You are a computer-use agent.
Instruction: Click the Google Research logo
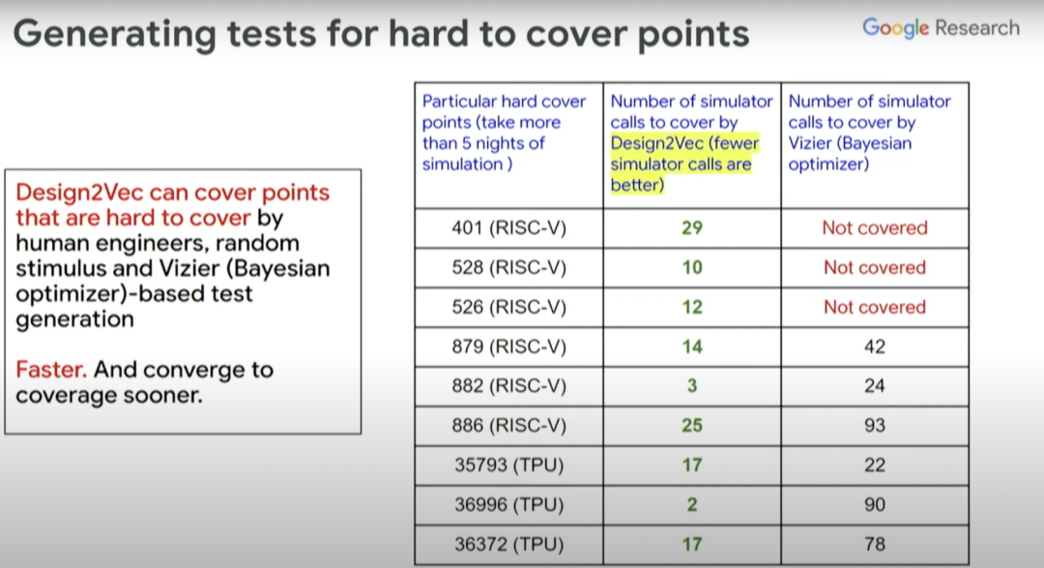click(x=941, y=28)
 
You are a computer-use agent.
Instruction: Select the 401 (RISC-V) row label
click(x=508, y=228)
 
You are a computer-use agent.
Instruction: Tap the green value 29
click(x=692, y=228)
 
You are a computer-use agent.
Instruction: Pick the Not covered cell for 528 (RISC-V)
click(x=874, y=267)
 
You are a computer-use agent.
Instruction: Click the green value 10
click(x=692, y=267)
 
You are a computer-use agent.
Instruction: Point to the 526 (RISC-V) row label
click(x=508, y=307)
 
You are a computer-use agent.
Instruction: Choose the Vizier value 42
click(x=874, y=346)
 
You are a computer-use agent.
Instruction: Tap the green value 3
click(x=692, y=386)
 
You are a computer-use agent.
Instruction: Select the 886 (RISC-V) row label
click(x=508, y=426)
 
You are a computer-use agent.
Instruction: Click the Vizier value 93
click(x=874, y=426)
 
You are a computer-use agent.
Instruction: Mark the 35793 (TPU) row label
click(x=508, y=464)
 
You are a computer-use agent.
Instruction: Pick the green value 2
click(x=692, y=505)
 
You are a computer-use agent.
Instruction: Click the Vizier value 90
click(x=874, y=505)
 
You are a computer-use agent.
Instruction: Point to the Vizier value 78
click(x=874, y=544)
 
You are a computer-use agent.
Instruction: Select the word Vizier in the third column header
click(x=810, y=143)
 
